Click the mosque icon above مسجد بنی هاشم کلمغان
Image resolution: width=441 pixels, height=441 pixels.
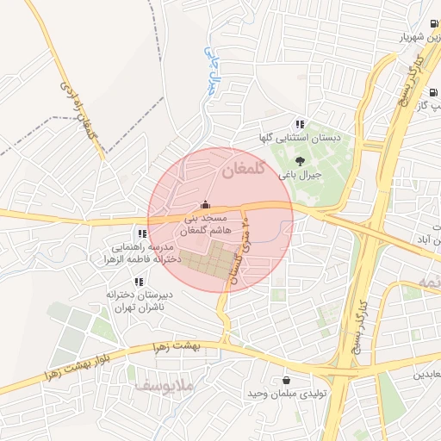pyautogui.click(x=204, y=205)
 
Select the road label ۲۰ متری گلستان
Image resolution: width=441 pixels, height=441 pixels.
pyautogui.click(x=239, y=252)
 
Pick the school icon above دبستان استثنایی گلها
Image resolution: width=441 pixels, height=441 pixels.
pyautogui.click(x=299, y=124)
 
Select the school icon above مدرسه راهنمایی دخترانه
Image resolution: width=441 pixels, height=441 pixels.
pyautogui.click(x=141, y=233)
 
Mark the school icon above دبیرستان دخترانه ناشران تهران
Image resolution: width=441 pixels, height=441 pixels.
pyautogui.click(x=137, y=282)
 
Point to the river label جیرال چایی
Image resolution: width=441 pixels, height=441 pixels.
pyautogui.click(x=210, y=69)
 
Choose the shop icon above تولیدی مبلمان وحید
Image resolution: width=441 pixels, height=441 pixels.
pyautogui.click(x=286, y=380)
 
